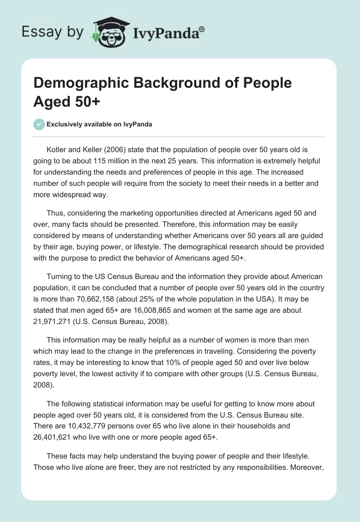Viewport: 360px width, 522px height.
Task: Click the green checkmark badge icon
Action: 39,124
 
